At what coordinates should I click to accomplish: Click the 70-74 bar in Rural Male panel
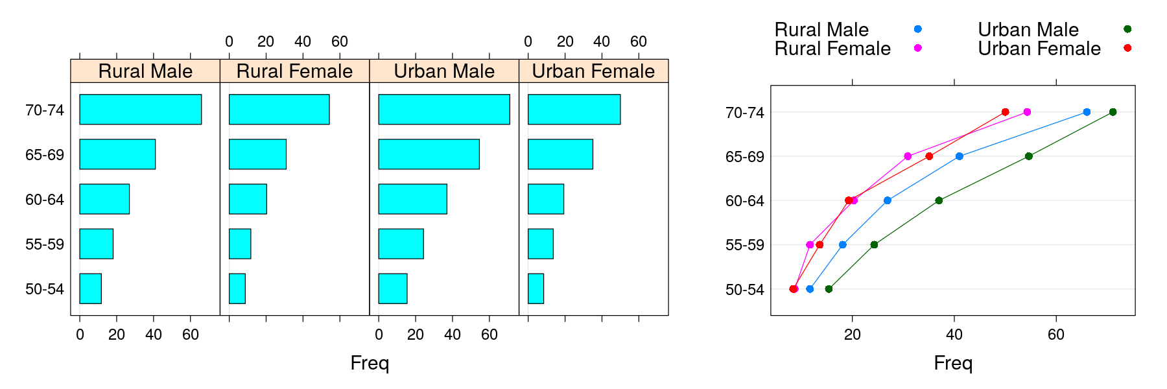pos(140,110)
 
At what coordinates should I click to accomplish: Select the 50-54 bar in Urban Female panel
pos(536,289)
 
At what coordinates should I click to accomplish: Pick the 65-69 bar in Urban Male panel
pos(429,154)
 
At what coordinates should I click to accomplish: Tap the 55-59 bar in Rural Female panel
pos(240,244)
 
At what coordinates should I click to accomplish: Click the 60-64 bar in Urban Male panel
pos(412,199)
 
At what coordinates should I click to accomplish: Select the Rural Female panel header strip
pos(294,71)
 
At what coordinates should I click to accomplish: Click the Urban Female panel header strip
pos(593,71)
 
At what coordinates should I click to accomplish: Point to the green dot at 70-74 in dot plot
pos(1113,112)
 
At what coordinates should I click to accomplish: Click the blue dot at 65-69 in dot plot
pos(959,156)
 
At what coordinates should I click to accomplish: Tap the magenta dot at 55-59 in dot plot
pos(810,244)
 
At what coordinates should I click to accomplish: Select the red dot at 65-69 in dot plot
pos(929,156)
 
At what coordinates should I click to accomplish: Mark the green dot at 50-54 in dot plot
pos(829,289)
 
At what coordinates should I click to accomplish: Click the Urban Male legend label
pos(1028,30)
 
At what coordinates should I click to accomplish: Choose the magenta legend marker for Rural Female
pos(917,48)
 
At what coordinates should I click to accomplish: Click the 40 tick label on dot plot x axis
pos(954,335)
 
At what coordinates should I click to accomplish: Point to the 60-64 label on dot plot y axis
pos(744,201)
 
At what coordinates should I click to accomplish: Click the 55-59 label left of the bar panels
pos(45,244)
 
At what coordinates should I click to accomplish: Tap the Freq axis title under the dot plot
pos(952,363)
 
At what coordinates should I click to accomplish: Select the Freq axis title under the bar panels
pos(370,363)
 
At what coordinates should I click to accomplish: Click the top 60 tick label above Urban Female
pos(638,41)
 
